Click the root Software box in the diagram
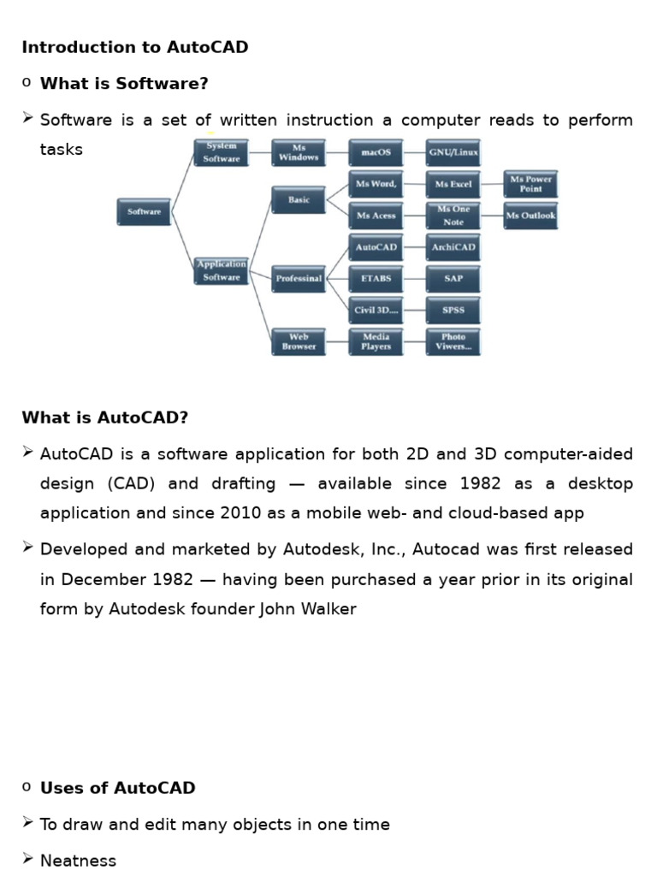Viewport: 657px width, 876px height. tap(144, 212)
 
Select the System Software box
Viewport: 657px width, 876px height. tap(222, 153)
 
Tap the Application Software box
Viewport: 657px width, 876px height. tap(222, 271)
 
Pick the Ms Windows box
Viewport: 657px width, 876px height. tap(299, 153)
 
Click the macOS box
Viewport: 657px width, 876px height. tap(376, 153)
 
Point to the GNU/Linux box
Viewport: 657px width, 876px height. tap(453, 153)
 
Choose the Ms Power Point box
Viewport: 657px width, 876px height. tap(530, 184)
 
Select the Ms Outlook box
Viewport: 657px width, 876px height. tap(530, 216)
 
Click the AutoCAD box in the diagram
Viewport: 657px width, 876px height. tap(376, 247)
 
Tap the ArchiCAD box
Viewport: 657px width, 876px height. tap(453, 247)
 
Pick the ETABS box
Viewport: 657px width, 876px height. tap(376, 279)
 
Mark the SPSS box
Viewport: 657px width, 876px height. tap(453, 310)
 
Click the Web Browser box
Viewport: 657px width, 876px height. tap(299, 342)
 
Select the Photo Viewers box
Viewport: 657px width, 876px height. tap(453, 342)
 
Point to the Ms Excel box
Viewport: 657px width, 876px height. tap(453, 184)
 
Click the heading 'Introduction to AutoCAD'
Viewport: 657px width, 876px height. tap(135, 48)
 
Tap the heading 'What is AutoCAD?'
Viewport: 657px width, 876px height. tap(104, 418)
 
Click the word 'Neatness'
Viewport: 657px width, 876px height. tap(78, 861)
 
